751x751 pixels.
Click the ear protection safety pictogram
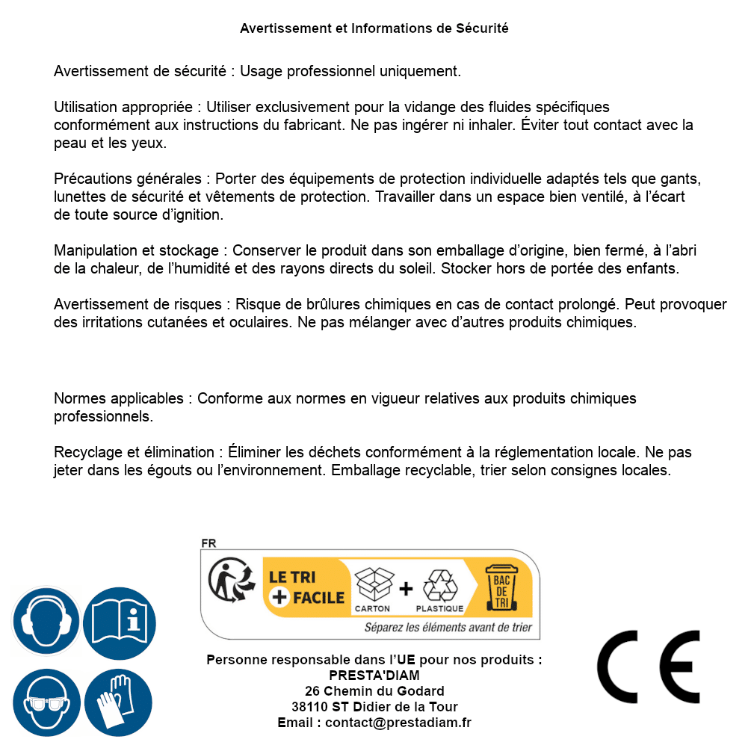coord(46,621)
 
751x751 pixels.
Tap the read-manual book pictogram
coord(120,621)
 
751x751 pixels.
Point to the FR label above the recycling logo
coord(208,543)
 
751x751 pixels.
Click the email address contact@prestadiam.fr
coord(398,723)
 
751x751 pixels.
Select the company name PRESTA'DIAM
coord(374,676)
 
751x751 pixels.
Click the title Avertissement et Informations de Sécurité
coord(374,28)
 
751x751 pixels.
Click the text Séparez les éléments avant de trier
coord(448,628)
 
